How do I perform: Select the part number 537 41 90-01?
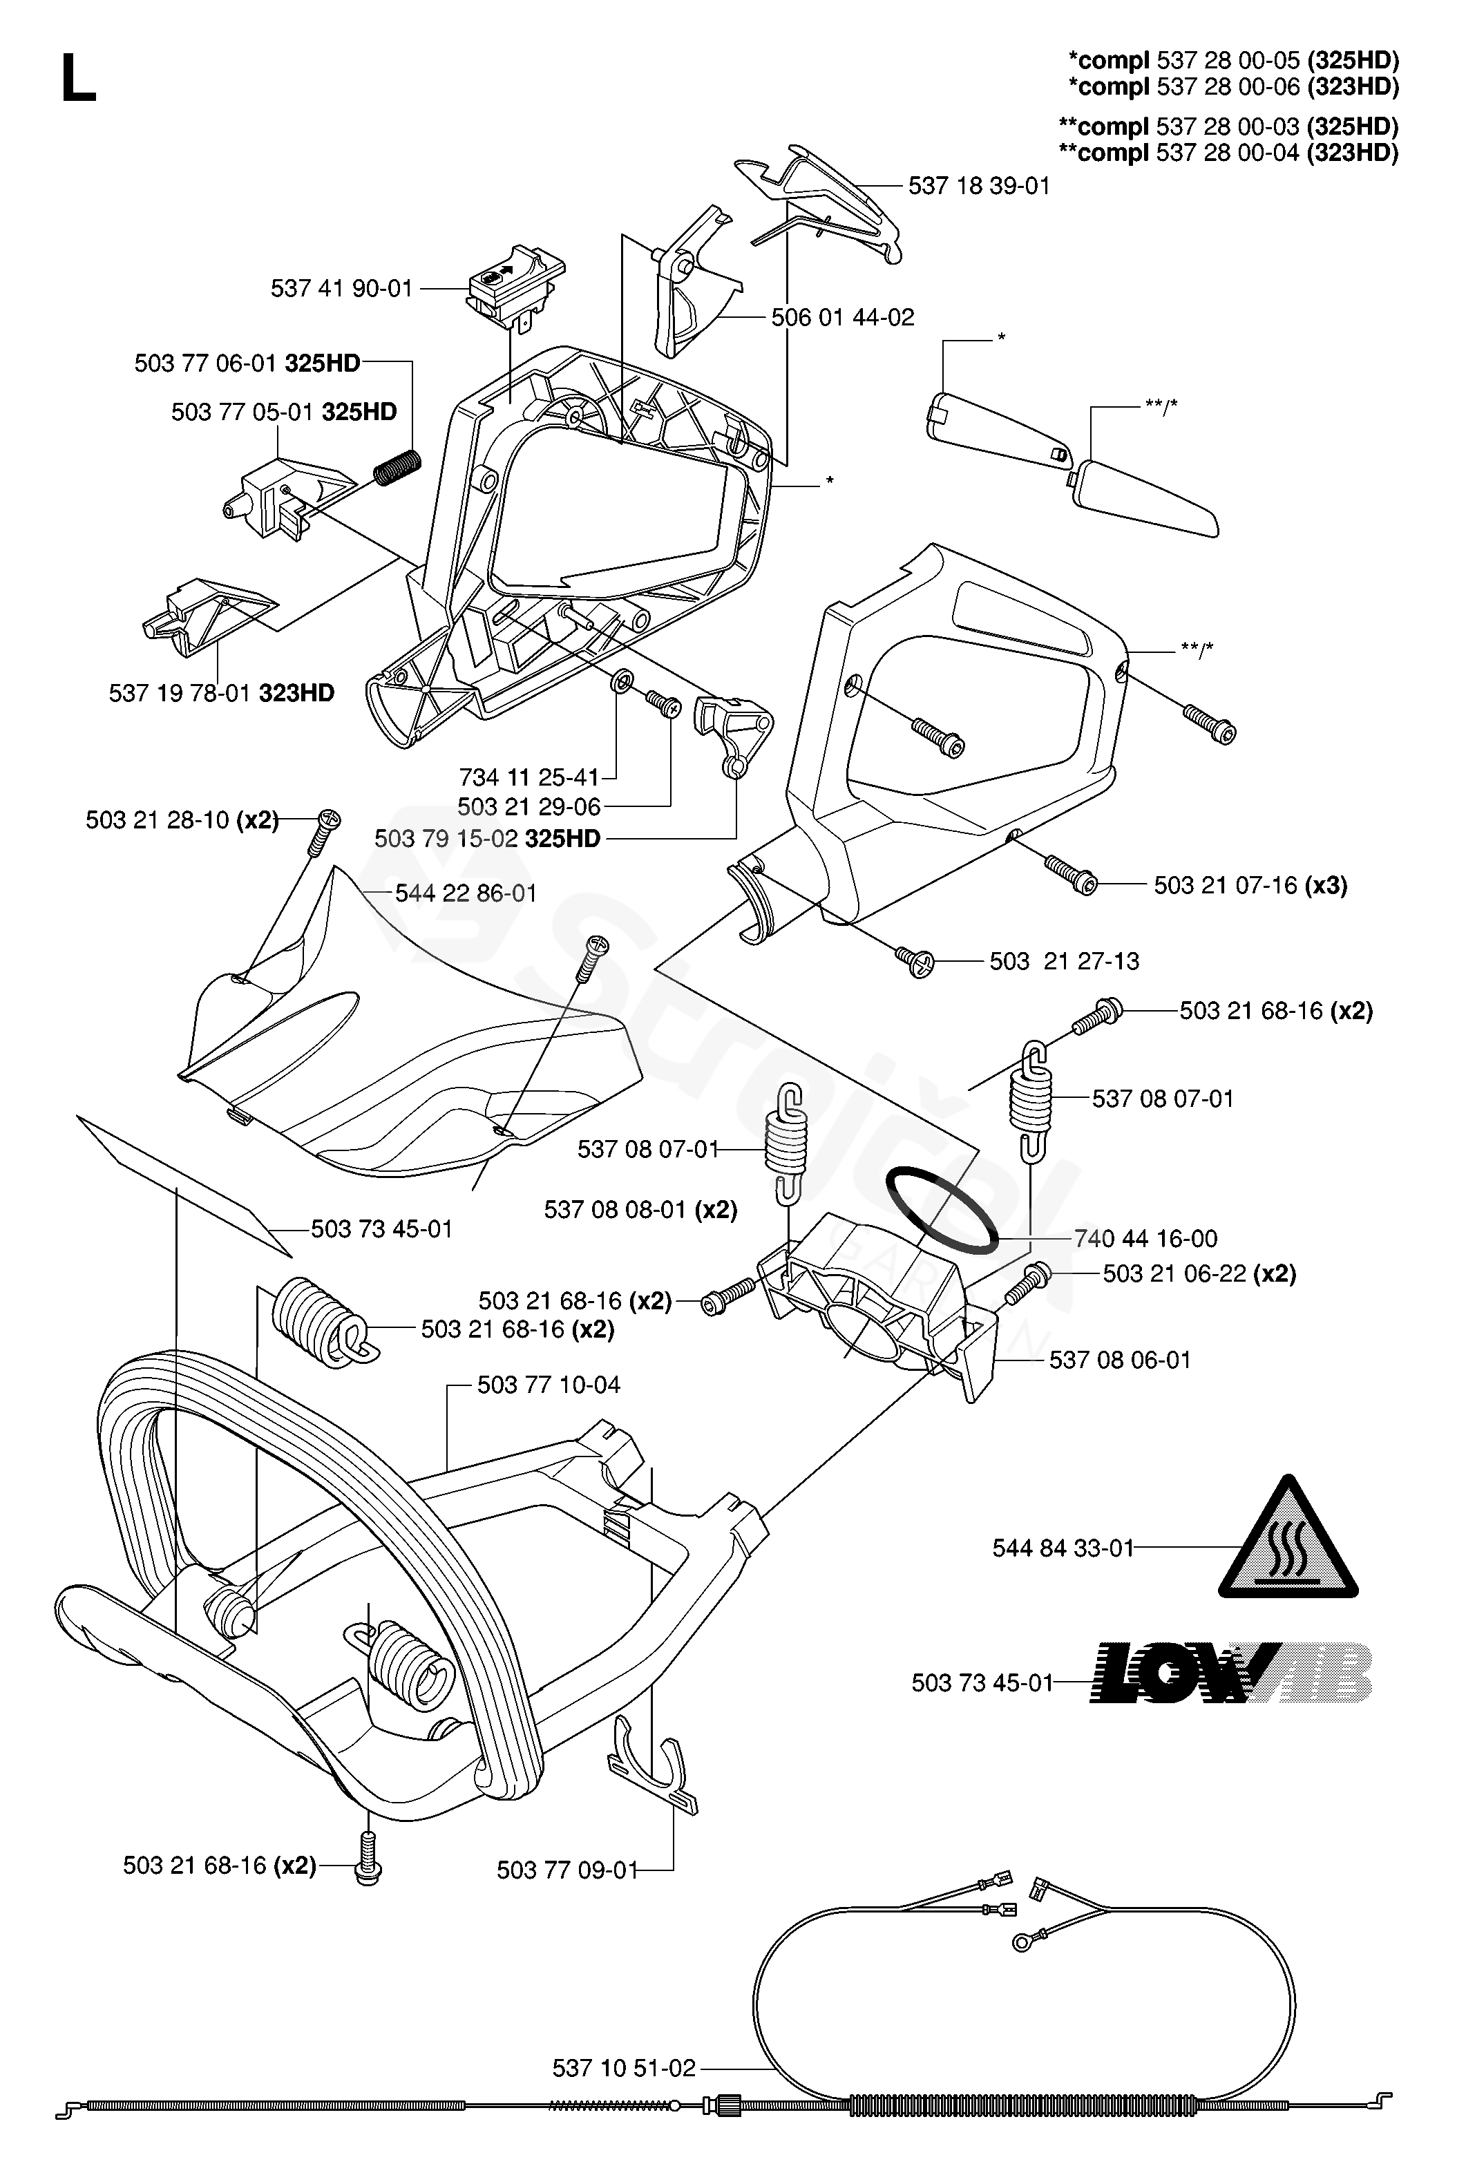click(341, 288)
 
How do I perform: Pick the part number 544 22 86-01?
click(466, 893)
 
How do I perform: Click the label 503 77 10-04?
click(548, 1384)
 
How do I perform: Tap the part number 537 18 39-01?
click(979, 186)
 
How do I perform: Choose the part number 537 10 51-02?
click(624, 2067)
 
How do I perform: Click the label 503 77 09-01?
click(567, 1869)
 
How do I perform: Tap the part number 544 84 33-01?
click(1062, 1548)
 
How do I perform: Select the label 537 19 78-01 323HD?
click(222, 693)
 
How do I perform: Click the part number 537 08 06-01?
click(1120, 1360)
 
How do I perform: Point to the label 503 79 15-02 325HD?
click(487, 838)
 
